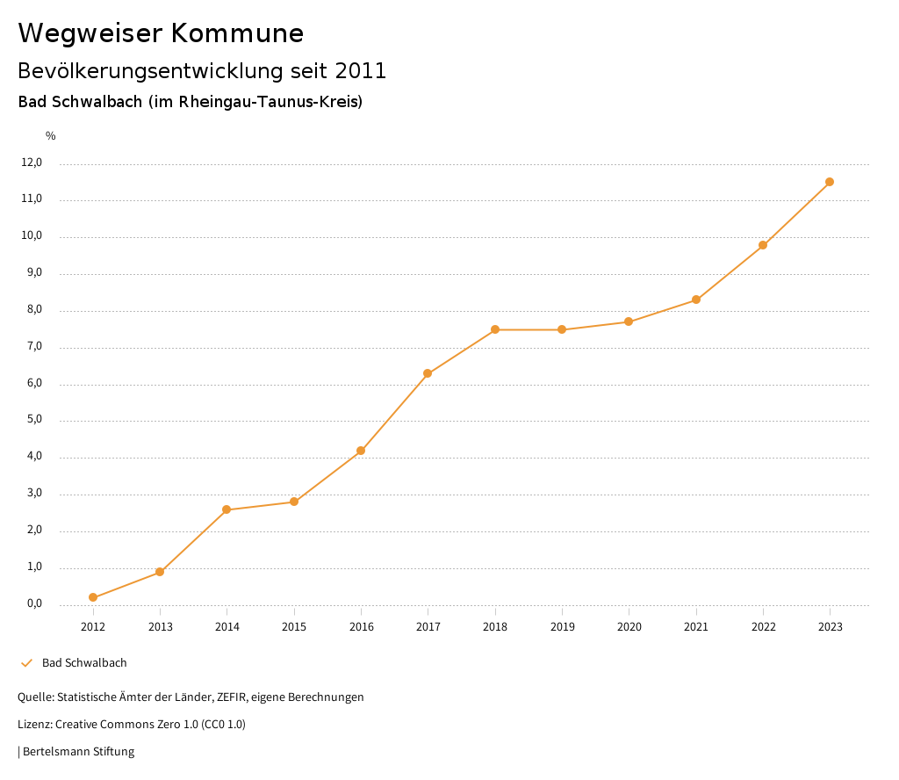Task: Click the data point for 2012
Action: click(93, 597)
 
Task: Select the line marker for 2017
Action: click(428, 373)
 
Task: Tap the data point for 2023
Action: click(830, 182)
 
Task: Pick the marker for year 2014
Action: click(227, 509)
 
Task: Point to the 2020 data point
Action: click(629, 321)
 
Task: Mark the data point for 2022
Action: click(763, 245)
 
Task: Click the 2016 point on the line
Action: click(361, 451)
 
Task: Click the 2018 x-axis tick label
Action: click(495, 626)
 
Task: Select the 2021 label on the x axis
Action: click(696, 626)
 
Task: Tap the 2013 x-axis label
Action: click(160, 626)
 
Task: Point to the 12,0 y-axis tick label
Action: click(32, 162)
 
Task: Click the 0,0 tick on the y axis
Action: click(34, 603)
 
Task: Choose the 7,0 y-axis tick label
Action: click(34, 347)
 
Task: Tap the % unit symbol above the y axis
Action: click(51, 136)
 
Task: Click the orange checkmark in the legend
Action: click(26, 662)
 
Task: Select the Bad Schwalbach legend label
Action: click(84, 662)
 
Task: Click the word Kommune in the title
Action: click(237, 33)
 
